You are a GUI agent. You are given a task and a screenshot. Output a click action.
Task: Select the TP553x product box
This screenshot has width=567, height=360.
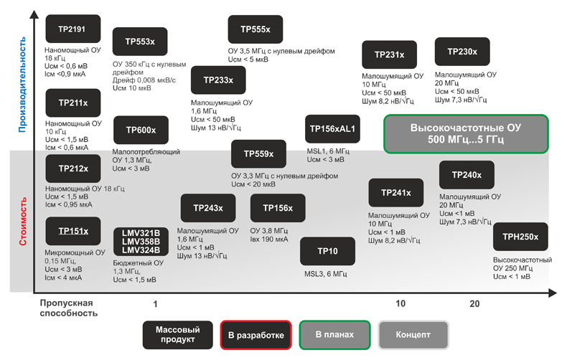click(x=140, y=42)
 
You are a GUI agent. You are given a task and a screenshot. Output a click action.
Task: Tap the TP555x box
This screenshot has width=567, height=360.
click(x=256, y=29)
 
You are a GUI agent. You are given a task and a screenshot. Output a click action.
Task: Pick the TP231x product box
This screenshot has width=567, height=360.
click(x=390, y=55)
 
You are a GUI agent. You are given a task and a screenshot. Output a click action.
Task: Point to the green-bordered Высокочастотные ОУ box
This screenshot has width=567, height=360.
click(x=466, y=133)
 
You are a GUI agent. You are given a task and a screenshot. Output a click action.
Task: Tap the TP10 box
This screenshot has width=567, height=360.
click(x=327, y=251)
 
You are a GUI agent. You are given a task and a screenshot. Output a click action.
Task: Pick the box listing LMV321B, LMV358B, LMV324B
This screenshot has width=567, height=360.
click(x=141, y=241)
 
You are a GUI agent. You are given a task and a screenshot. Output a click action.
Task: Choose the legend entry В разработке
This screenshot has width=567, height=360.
click(x=256, y=335)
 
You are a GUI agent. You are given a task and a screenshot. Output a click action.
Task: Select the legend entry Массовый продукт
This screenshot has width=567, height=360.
click(x=177, y=335)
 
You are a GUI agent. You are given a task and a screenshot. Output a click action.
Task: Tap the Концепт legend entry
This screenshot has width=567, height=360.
click(x=413, y=335)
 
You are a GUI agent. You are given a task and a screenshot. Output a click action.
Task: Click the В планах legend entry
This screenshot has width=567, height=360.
click(x=334, y=335)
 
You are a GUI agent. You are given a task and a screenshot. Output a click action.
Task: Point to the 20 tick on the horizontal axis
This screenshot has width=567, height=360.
click(x=474, y=304)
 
